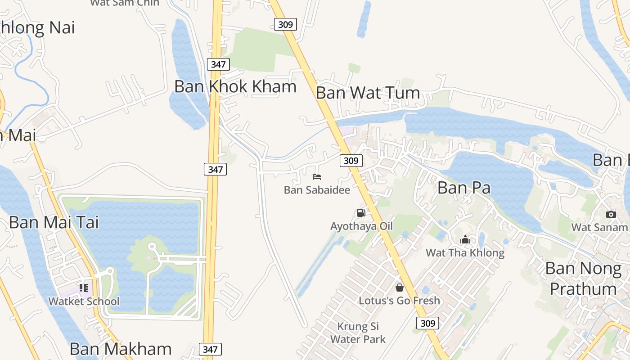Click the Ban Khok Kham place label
click(x=235, y=86)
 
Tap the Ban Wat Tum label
click(x=368, y=93)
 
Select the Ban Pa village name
click(x=463, y=188)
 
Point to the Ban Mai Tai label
click(x=54, y=222)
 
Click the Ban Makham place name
click(x=121, y=349)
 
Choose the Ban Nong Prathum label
click(x=583, y=278)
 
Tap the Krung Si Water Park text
click(x=358, y=333)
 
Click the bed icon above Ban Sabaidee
click(x=317, y=177)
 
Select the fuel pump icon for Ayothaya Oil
click(x=361, y=213)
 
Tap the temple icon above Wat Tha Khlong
click(x=465, y=239)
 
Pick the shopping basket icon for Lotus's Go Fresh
click(x=399, y=288)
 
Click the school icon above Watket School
click(x=83, y=288)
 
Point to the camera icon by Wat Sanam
click(x=611, y=214)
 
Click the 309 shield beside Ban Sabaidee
click(x=351, y=160)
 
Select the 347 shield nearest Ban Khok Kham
click(x=218, y=64)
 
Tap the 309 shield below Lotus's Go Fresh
click(x=427, y=323)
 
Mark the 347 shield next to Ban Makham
click(x=210, y=349)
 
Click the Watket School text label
click(x=84, y=301)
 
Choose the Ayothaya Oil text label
click(x=361, y=226)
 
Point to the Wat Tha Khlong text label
click(x=465, y=253)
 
